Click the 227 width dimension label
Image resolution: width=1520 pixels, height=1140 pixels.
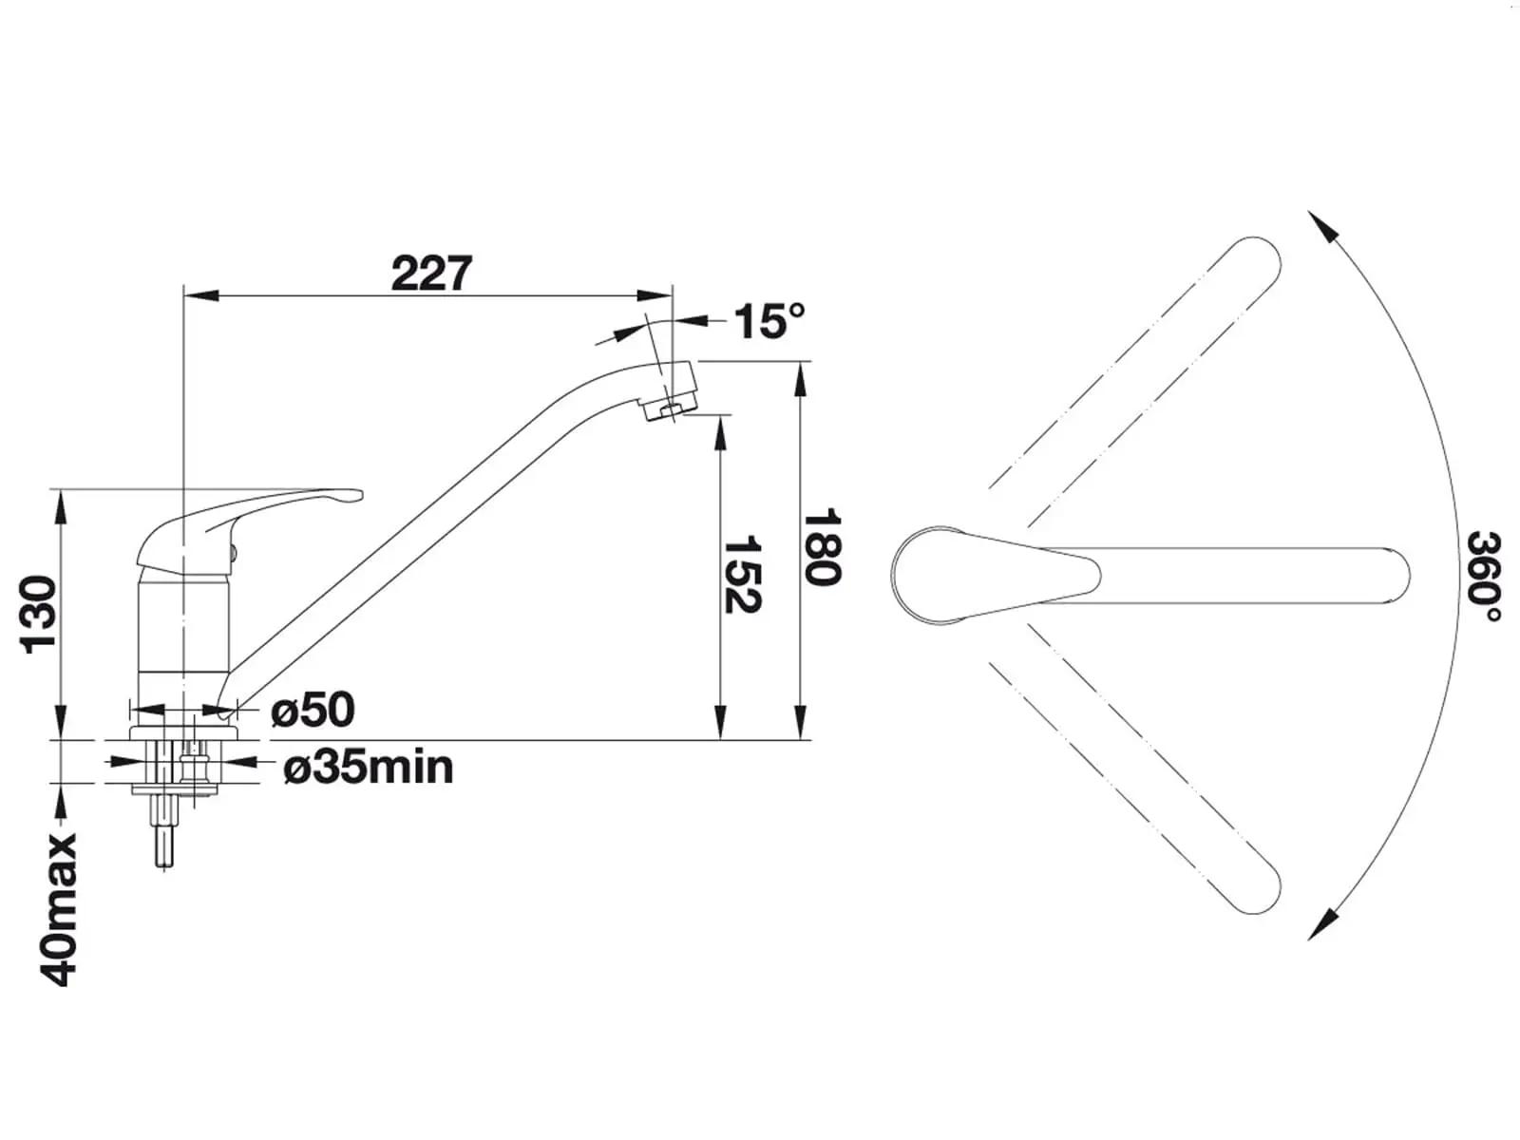tap(431, 274)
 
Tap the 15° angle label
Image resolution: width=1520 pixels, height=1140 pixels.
tap(769, 321)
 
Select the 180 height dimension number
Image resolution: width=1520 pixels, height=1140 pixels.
tap(822, 547)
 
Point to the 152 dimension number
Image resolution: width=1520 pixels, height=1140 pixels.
tap(742, 574)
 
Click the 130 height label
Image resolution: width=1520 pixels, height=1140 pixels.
tap(39, 614)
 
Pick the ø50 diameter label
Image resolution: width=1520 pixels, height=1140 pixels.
tap(313, 710)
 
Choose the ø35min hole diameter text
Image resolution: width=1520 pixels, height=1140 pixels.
tap(369, 768)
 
